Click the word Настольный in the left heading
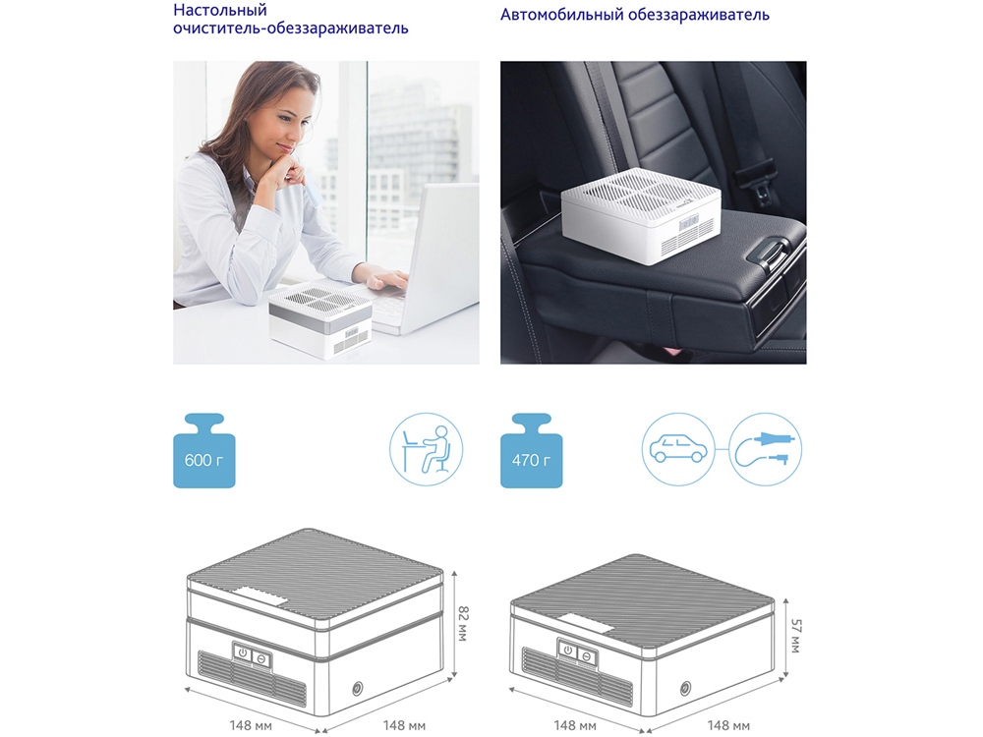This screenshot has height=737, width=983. [x=220, y=10]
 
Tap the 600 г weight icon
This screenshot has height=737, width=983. [x=204, y=451]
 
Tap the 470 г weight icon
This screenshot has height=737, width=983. [x=531, y=451]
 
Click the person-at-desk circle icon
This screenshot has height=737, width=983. [x=427, y=449]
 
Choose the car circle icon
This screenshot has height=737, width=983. [x=678, y=449]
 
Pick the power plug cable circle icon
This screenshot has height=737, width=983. [x=766, y=449]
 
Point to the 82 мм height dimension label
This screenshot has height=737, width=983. [x=464, y=623]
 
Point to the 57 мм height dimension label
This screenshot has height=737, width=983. [x=795, y=636]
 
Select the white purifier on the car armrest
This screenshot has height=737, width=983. [x=641, y=216]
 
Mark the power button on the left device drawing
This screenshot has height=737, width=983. [x=243, y=653]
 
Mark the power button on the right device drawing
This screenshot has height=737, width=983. [x=568, y=650]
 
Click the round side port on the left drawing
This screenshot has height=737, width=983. [x=358, y=689]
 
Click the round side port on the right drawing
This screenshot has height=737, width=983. [x=686, y=688]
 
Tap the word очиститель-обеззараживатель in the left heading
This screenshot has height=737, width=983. [x=291, y=28]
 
